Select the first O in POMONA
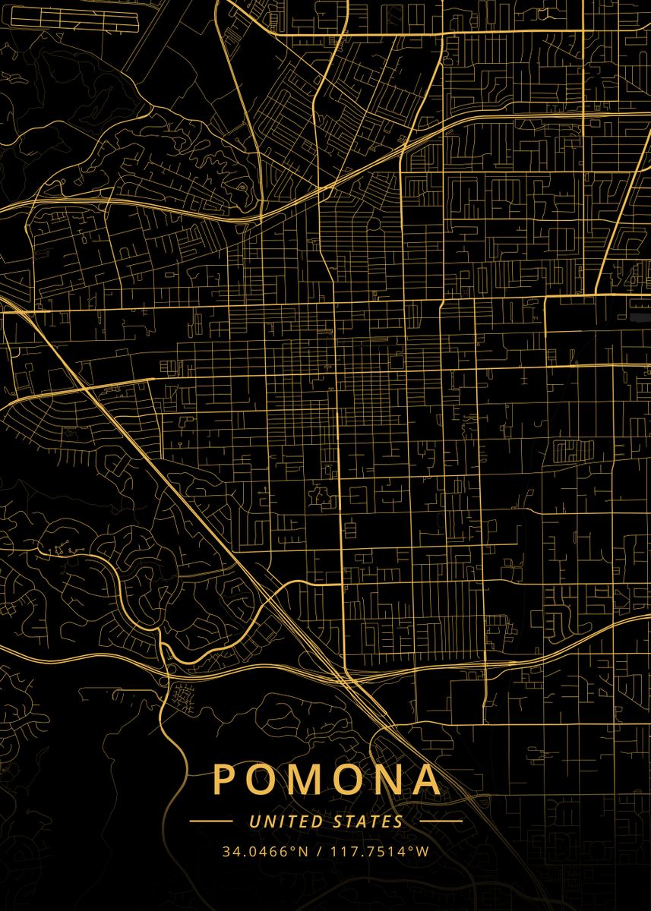pos(261,779)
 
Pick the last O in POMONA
pos(346,779)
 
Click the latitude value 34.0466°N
pos(265,851)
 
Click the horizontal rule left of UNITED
pos(210,821)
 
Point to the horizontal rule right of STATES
pos(441,821)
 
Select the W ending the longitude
pos(422,851)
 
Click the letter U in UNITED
pos(254,821)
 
